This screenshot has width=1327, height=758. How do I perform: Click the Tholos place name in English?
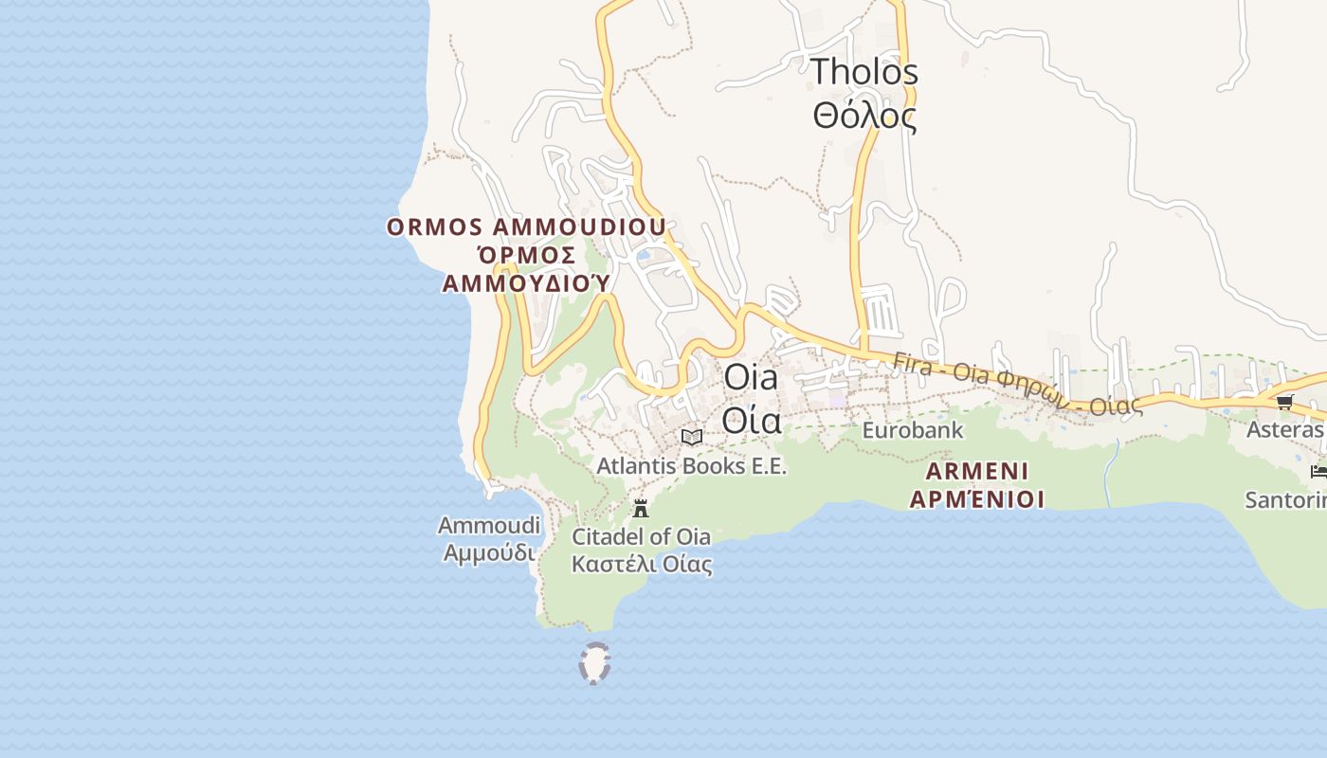(864, 72)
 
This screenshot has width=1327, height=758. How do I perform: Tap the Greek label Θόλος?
(864, 117)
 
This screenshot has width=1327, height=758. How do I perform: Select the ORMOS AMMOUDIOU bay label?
(526, 228)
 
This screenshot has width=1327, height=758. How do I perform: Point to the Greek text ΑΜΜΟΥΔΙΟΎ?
(526, 283)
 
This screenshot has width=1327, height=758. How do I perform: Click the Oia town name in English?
(751, 377)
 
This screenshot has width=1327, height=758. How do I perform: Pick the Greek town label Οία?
(751, 419)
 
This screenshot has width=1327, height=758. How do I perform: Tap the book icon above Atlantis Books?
(692, 437)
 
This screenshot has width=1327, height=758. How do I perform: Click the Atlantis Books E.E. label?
(691, 466)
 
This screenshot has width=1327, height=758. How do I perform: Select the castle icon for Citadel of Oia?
(641, 508)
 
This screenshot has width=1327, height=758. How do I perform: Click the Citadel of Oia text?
(641, 536)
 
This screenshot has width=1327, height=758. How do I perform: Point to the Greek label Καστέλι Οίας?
(641, 565)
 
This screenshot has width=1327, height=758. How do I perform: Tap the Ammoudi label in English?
(489, 525)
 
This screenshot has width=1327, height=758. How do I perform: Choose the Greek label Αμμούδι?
(489, 551)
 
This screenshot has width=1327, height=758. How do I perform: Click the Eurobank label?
(912, 430)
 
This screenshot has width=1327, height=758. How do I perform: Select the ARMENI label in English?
(976, 471)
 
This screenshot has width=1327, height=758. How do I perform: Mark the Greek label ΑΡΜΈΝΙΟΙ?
(976, 498)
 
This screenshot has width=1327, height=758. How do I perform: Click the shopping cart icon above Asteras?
(1285, 402)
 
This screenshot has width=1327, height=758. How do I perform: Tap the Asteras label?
(1284, 430)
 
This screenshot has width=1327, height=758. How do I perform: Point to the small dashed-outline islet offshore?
(594, 662)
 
